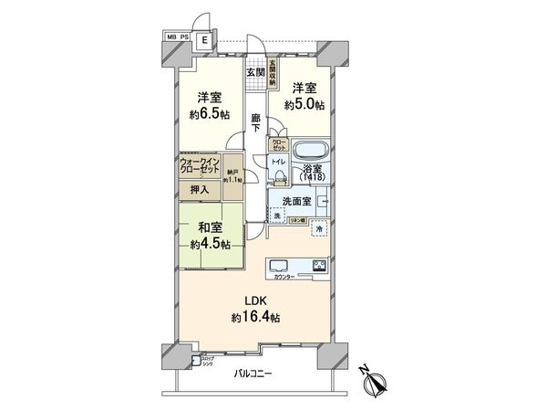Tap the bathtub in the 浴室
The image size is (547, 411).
[307, 150]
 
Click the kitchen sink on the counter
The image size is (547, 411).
[280, 267]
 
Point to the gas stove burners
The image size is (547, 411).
[320, 266]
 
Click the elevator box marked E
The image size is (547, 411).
[205, 40]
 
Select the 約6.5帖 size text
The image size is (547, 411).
[208, 115]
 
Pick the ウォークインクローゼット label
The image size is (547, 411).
[200, 168]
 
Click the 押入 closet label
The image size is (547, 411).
[199, 189]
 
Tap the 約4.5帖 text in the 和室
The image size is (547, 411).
[211, 244]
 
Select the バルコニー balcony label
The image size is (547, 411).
[253, 373]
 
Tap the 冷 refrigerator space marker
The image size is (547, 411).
[318, 229]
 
